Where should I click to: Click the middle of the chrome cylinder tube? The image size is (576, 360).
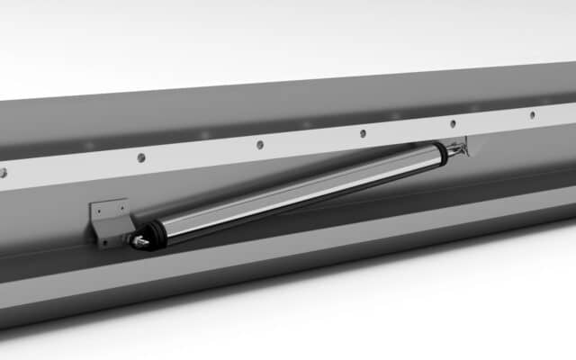point(297,191)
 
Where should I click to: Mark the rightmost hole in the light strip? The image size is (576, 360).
point(531,114)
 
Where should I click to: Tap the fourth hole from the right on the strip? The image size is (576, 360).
point(259,144)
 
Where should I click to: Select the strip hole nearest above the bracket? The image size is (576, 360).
point(140,157)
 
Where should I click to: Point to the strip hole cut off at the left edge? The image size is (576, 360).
point(3,172)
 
